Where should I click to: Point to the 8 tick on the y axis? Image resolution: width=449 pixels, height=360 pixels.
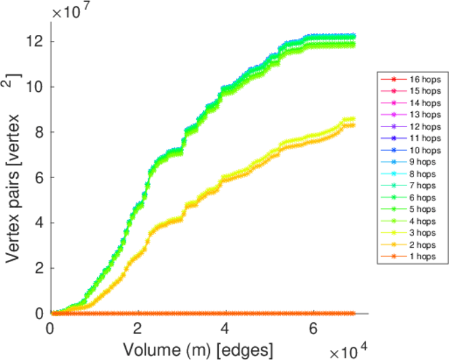[38, 132]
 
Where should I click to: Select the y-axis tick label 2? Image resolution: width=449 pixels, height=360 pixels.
[38, 268]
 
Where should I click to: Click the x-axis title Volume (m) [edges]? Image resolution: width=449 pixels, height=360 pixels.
[200, 349]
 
